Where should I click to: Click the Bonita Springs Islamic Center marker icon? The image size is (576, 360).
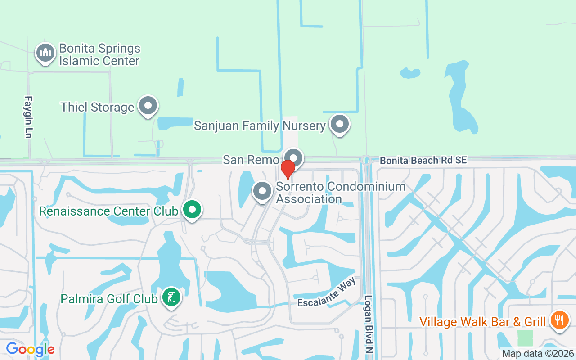(45, 53)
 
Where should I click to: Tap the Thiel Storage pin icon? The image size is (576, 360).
(148, 106)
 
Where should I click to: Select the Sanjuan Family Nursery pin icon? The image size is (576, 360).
(340, 124)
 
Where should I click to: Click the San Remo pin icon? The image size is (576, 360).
(293, 158)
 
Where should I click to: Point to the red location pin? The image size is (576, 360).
(288, 169)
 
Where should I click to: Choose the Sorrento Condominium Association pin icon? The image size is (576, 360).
(262, 191)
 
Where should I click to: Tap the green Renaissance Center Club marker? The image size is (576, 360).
(193, 210)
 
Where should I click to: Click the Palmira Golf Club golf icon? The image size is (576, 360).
(171, 297)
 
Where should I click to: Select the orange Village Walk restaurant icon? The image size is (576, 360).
(560, 320)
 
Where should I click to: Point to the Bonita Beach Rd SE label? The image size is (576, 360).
(423, 160)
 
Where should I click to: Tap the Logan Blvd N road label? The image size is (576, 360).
(369, 324)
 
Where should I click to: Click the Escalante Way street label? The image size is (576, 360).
(327, 292)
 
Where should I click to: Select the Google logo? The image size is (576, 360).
(30, 349)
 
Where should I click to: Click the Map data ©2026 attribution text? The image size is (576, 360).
(538, 353)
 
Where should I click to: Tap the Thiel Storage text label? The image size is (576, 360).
(97, 107)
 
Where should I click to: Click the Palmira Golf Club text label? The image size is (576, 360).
(109, 298)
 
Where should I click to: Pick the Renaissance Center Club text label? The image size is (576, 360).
(109, 211)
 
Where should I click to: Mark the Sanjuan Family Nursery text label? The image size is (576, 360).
(260, 126)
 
